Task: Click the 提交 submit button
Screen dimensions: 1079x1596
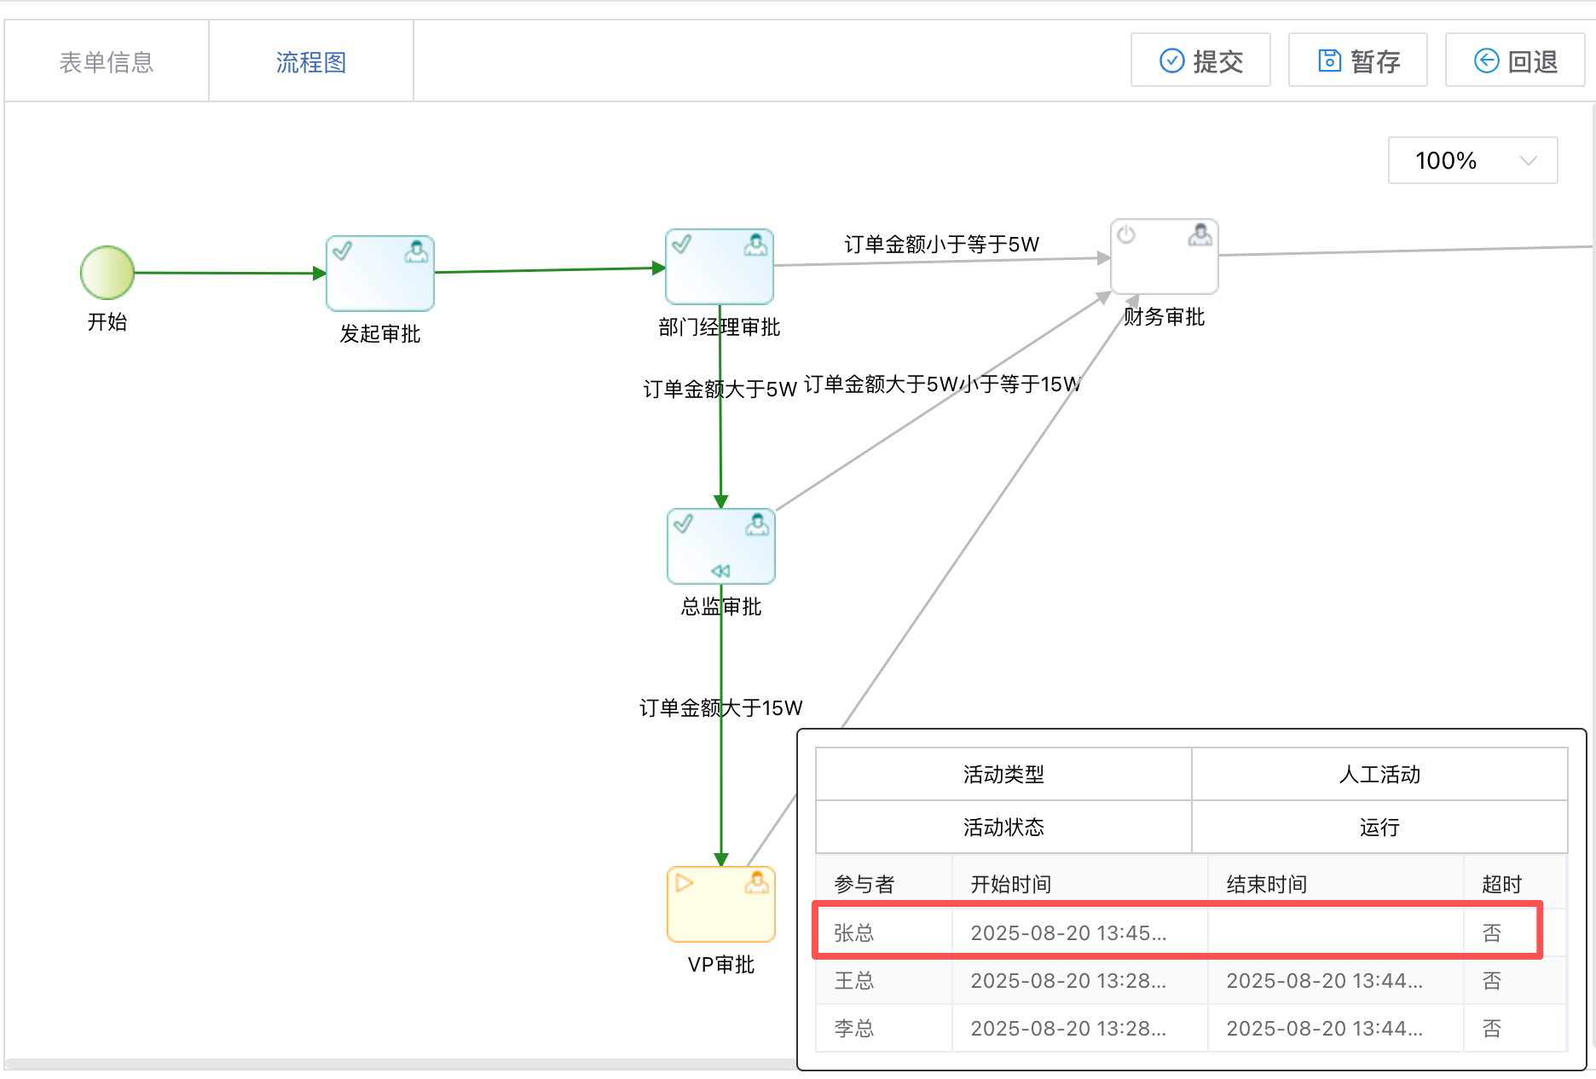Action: click(x=1200, y=61)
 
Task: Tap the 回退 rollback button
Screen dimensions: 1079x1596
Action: click(x=1515, y=61)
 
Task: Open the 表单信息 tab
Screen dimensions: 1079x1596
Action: click(x=107, y=62)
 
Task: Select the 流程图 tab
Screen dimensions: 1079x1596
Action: click(x=311, y=62)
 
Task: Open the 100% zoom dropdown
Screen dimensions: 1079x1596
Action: click(x=1472, y=160)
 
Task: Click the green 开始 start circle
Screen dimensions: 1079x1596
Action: click(x=107, y=273)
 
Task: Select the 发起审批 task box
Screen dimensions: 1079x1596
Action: click(x=380, y=274)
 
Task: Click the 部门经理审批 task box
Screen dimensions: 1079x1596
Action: click(x=720, y=267)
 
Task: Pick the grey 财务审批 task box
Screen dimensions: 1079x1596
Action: click(x=1164, y=257)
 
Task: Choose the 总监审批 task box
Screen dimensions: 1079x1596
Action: click(x=721, y=546)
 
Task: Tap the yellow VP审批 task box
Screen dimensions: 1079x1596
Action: click(x=721, y=904)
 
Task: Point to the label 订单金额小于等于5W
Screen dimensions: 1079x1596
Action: click(x=941, y=245)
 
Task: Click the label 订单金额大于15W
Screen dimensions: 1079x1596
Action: click(x=721, y=708)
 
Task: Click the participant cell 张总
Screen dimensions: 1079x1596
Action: click(x=854, y=933)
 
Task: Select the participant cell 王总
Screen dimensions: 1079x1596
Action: click(x=854, y=981)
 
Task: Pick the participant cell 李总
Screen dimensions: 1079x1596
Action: click(x=854, y=1029)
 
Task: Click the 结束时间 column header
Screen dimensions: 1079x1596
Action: click(x=1266, y=885)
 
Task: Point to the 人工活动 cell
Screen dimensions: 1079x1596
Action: click(x=1379, y=775)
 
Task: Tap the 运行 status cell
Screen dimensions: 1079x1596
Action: click(x=1379, y=828)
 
